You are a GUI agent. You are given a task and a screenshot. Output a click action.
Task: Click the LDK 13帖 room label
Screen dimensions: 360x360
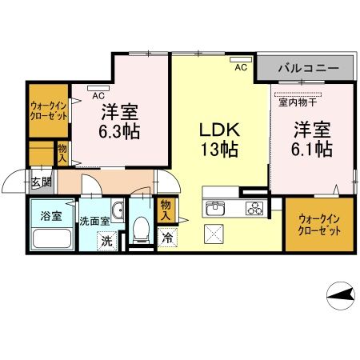coord(217,138)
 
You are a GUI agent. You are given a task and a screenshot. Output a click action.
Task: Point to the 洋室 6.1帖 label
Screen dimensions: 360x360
coord(311,138)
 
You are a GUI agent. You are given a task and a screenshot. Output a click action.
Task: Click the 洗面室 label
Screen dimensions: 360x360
coord(94,219)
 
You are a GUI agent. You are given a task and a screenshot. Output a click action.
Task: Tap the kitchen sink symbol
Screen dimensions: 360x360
coord(217,210)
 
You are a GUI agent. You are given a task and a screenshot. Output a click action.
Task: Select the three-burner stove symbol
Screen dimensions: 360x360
coord(254,210)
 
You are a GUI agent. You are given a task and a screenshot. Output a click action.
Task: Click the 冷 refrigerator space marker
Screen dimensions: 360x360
coord(168,238)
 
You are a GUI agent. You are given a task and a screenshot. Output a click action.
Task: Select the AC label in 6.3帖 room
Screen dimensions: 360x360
coord(98,94)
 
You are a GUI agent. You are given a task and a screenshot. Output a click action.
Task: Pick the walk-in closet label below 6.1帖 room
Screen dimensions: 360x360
coord(319,223)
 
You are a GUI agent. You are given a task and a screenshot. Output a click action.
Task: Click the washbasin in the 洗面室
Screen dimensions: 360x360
coord(118,211)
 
